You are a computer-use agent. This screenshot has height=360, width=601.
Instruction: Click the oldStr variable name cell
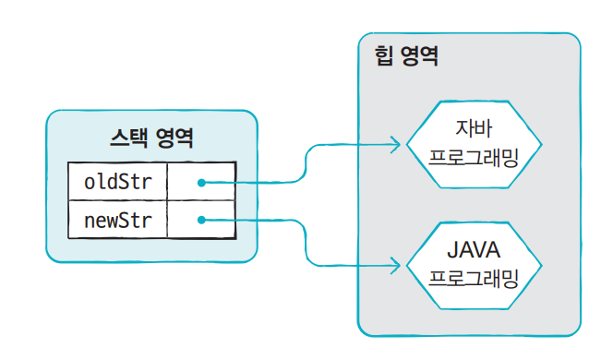point(117,181)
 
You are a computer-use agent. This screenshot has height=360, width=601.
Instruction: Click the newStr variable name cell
point(117,220)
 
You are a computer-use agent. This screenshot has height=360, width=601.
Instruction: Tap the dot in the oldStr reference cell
point(200,182)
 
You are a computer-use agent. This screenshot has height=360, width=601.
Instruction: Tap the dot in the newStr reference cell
point(200,220)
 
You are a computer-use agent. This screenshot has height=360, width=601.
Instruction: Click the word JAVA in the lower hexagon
point(473,249)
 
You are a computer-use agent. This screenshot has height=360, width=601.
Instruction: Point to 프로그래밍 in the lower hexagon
point(473,277)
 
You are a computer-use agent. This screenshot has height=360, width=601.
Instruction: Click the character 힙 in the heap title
point(383,56)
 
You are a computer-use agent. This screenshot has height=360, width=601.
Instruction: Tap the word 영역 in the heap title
point(418,56)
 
